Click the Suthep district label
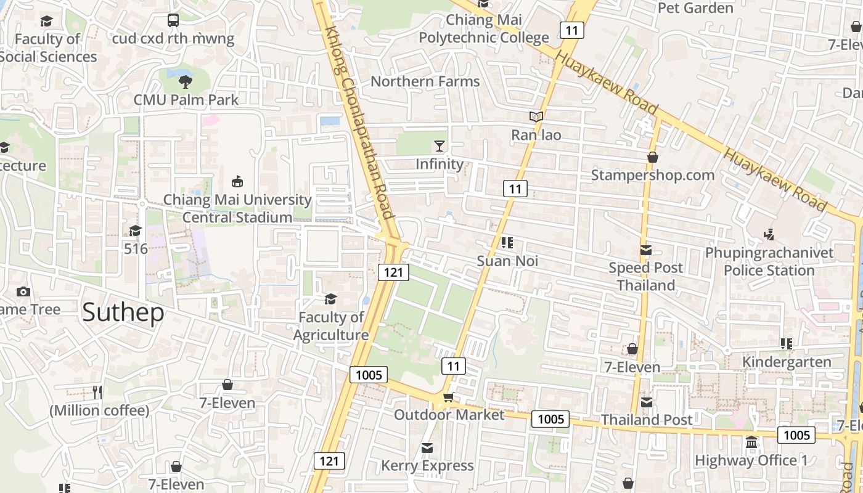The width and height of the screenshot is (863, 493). [123, 312]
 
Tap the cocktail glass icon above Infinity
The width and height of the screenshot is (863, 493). [439, 145]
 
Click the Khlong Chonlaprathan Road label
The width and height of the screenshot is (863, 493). [359, 123]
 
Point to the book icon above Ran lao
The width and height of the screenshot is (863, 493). [536, 116]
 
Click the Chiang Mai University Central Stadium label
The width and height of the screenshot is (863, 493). [237, 208]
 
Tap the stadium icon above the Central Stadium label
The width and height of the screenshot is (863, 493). [237, 181]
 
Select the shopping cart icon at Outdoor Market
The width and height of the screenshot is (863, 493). [449, 397]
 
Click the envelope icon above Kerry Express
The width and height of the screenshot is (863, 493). [427, 447]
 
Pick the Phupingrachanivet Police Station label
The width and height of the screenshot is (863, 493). [769, 261]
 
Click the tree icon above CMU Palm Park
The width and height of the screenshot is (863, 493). [185, 81]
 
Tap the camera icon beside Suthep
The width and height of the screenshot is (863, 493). [23, 291]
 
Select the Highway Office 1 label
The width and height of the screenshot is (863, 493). [751, 460]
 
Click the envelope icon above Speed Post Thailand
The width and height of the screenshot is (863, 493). [645, 250]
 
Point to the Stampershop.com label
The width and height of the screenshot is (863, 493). [653, 175]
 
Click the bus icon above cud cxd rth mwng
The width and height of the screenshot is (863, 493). [173, 20]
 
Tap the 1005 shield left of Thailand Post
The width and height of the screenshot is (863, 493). [550, 419]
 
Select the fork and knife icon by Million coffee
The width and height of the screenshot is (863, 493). [97, 392]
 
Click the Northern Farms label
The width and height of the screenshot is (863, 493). [425, 81]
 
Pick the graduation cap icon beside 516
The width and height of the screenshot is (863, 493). [135, 230]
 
